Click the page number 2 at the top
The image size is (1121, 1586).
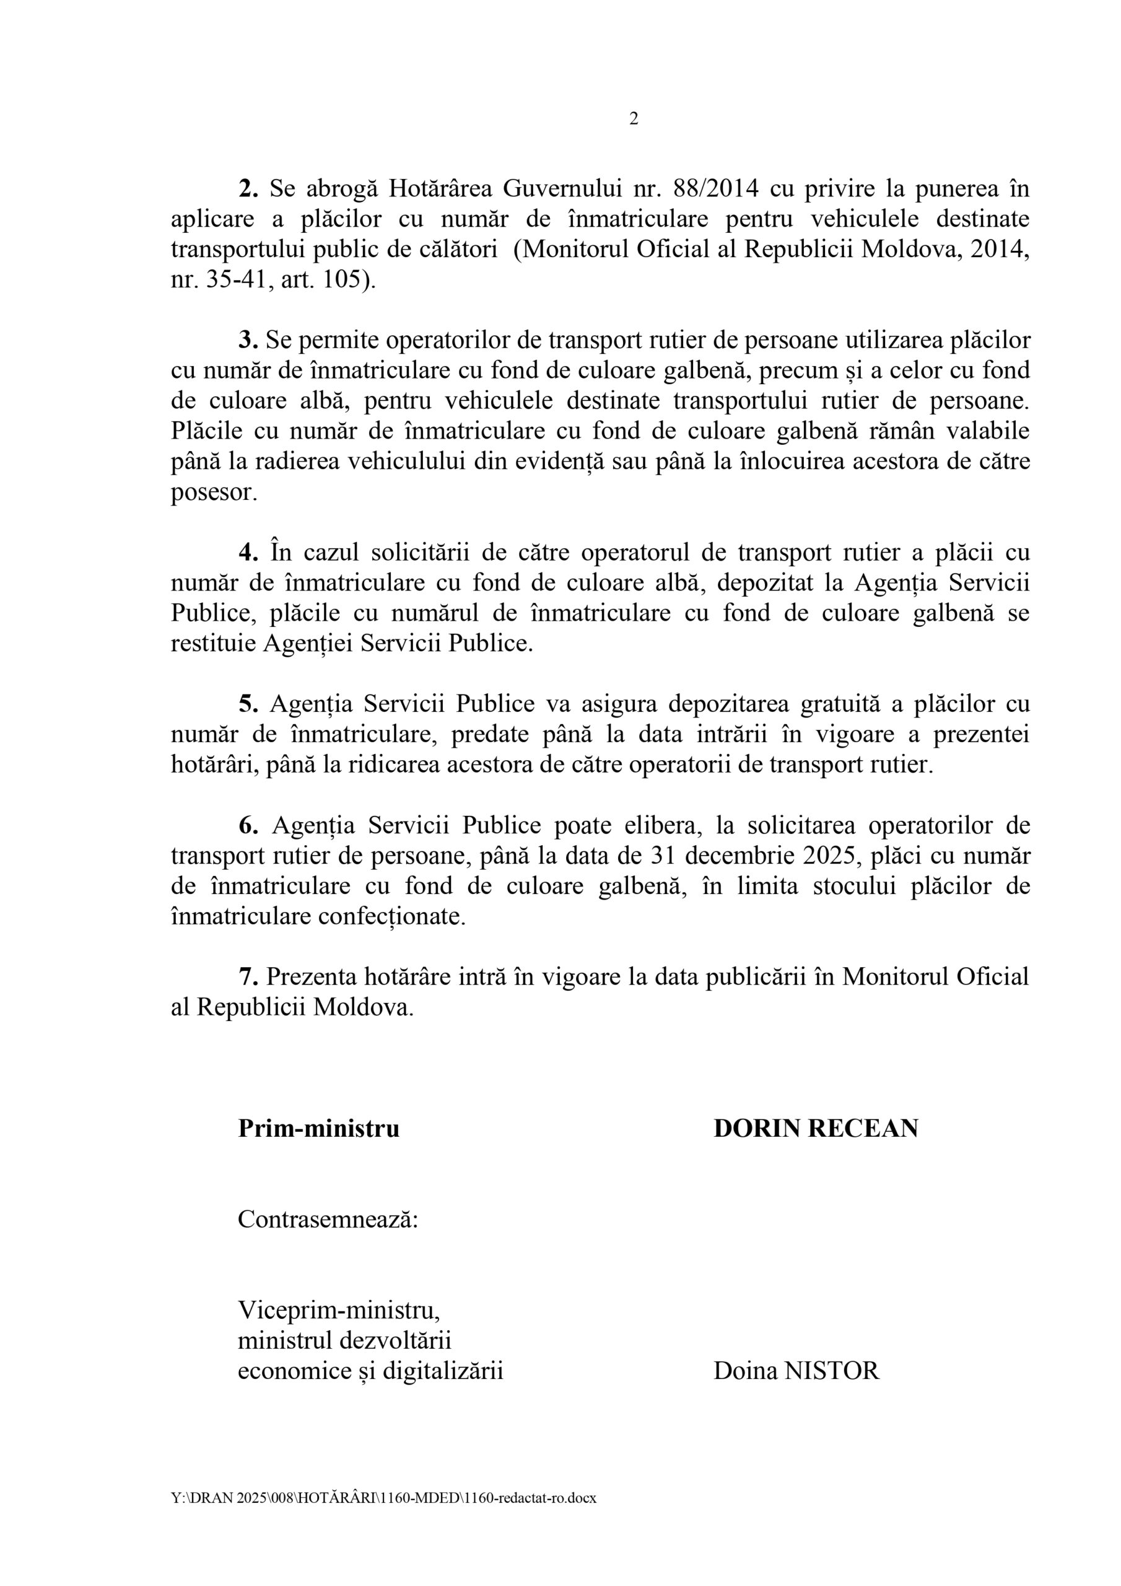point(634,119)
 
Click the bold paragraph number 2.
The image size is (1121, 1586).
point(247,188)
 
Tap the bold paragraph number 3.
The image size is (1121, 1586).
point(247,340)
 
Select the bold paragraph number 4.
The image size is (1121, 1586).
point(247,553)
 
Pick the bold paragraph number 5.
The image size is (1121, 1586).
point(247,704)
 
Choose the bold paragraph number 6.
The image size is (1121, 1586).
point(247,825)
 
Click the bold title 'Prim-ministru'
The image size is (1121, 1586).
point(318,1129)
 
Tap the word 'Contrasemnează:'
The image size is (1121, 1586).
point(328,1219)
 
